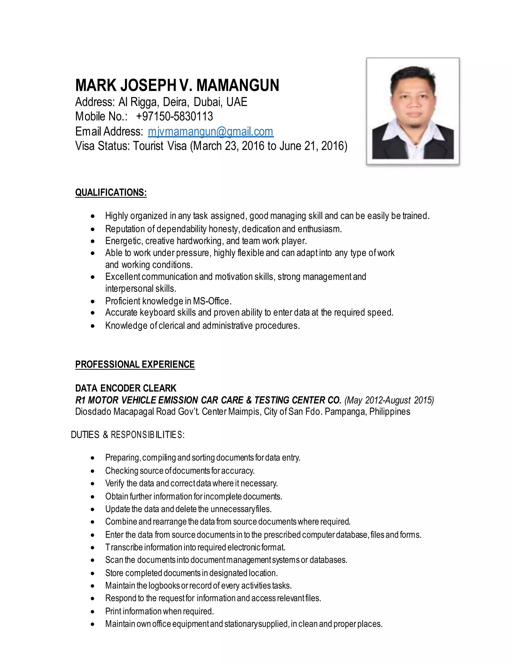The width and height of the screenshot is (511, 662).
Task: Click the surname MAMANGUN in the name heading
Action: [238, 85]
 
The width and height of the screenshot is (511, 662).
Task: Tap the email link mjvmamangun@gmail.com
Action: [211, 132]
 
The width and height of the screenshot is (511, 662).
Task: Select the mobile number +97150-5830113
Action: [174, 116]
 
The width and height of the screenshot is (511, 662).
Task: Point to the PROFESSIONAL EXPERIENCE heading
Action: [135, 364]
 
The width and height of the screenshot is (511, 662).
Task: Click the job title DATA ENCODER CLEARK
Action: [126, 388]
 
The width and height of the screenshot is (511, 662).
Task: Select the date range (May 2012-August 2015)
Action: [389, 400]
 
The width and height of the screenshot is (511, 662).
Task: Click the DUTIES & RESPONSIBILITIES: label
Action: [128, 435]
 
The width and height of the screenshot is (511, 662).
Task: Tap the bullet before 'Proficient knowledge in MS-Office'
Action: [93, 302]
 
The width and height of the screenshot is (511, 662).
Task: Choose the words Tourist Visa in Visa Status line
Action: [160, 146]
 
